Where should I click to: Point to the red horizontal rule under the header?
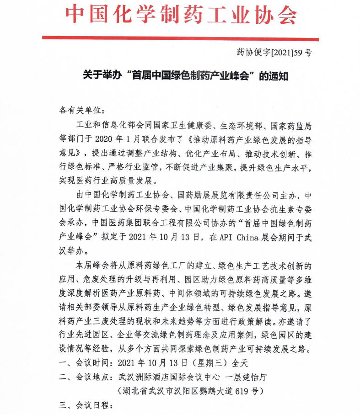point(180,39)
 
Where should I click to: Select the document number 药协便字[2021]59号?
point(274,53)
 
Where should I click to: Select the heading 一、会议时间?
point(85,363)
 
